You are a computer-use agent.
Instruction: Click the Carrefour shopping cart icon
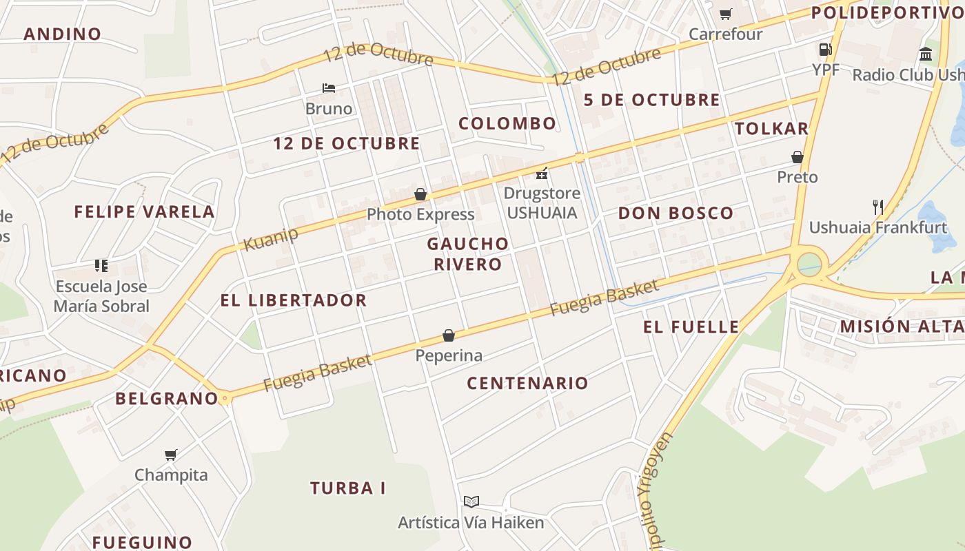[726, 14]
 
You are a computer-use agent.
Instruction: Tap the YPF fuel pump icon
[825, 50]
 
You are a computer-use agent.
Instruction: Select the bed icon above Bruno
[329, 88]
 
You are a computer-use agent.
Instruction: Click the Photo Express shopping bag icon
[420, 195]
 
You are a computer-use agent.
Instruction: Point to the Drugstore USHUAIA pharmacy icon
[542, 173]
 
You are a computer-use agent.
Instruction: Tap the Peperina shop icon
[449, 335]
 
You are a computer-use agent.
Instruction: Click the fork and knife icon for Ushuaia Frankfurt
[877, 207]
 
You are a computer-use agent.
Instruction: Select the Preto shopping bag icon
[798, 157]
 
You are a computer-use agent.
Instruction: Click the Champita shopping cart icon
[171, 455]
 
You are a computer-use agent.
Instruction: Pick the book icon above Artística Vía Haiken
[471, 502]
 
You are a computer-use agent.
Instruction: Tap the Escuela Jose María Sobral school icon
[101, 266]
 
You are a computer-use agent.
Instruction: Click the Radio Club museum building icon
[926, 54]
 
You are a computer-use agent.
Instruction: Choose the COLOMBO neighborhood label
[507, 124]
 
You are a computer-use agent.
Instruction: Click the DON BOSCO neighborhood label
[675, 214]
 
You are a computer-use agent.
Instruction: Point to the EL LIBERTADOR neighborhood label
[293, 300]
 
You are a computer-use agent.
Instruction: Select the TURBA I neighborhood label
[347, 488]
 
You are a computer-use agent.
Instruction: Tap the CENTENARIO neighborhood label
[527, 384]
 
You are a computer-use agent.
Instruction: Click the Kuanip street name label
[271, 238]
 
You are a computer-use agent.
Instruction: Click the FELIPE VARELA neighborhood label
[144, 212]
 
